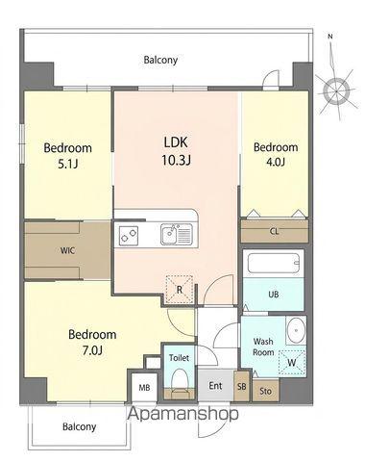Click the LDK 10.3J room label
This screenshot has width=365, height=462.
[176, 151]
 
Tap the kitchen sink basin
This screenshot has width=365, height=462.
[168, 235]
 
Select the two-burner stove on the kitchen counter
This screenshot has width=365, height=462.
[129, 236]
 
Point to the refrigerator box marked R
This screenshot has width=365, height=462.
[180, 290]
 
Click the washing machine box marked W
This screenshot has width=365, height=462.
[291, 363]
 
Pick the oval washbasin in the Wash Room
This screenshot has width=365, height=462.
[296, 330]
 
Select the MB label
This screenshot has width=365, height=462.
[144, 388]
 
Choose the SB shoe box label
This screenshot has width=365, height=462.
[242, 387]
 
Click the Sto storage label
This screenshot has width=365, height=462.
[265, 391]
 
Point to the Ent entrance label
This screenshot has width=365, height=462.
[215, 386]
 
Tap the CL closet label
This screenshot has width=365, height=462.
[275, 231]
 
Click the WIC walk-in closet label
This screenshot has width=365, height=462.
[68, 250]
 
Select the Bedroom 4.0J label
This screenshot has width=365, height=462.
[276, 154]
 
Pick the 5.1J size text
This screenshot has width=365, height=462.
[67, 164]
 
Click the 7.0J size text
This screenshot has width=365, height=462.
[92, 350]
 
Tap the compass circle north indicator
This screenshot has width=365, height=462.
[336, 91]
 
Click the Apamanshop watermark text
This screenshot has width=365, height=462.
[183, 414]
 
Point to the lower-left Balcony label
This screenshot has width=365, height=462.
[79, 427]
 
